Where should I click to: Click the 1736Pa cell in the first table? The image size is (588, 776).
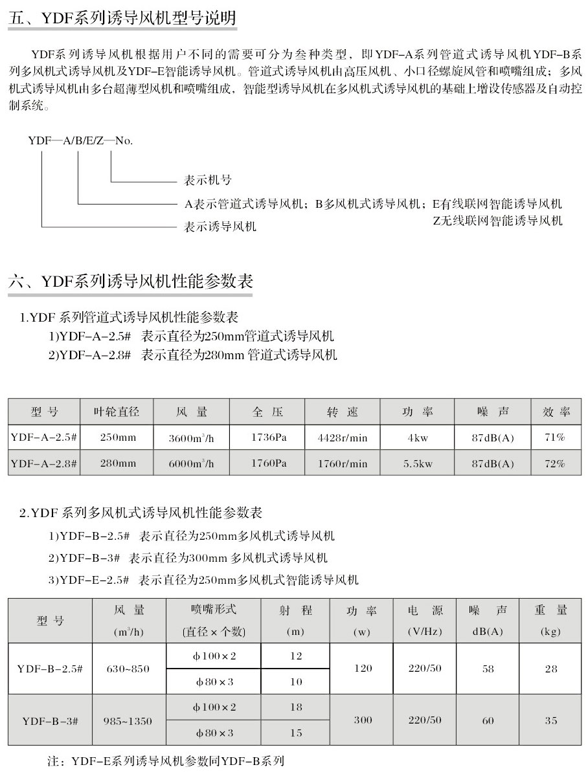click(x=268, y=438)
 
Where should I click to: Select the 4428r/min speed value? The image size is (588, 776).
click(x=343, y=438)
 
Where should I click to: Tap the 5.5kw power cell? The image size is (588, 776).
click(x=418, y=463)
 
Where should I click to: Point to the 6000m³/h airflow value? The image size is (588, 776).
click(x=190, y=463)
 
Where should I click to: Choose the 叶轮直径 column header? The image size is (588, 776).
click(x=118, y=412)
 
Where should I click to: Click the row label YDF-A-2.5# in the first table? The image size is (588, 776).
click(x=44, y=438)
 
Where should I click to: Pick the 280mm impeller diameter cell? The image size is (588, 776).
click(x=118, y=463)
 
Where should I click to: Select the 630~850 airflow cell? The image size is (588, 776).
click(x=127, y=669)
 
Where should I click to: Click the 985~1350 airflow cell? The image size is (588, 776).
click(x=127, y=720)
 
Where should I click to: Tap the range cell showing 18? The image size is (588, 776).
click(x=296, y=707)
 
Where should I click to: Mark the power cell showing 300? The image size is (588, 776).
click(x=363, y=720)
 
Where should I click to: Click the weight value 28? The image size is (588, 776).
click(x=550, y=669)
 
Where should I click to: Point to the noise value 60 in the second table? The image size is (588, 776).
click(x=488, y=720)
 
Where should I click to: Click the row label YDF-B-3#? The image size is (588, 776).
click(x=51, y=720)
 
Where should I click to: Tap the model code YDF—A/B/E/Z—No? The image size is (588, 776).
click(x=80, y=140)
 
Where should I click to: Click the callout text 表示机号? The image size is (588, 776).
click(x=208, y=181)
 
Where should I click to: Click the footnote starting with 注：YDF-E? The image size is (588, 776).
click(x=166, y=760)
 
